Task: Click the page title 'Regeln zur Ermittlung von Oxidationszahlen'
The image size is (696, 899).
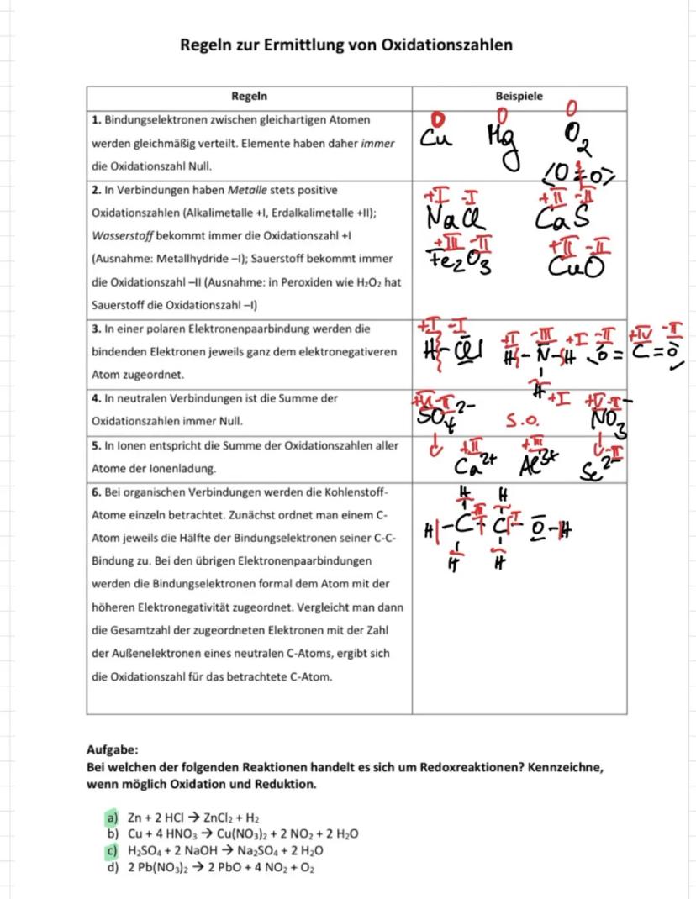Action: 346,44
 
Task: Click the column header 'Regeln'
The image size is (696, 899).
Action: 249,97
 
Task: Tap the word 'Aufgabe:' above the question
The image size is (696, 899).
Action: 113,749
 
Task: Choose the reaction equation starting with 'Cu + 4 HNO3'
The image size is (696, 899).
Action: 244,834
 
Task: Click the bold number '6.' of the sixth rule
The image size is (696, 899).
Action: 96,491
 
